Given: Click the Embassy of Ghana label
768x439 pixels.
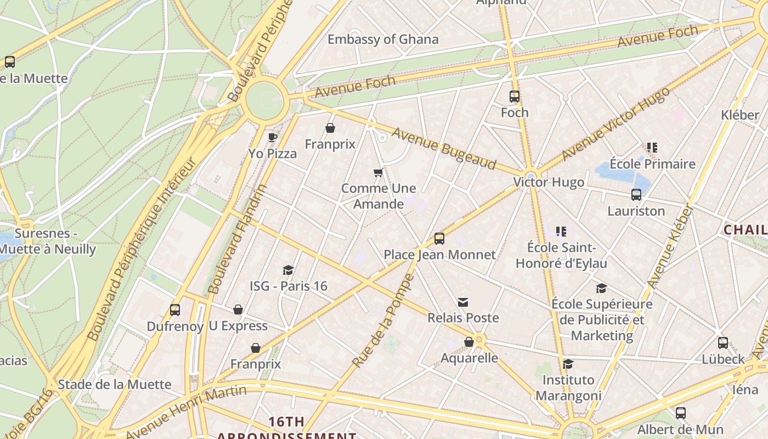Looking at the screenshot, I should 383,39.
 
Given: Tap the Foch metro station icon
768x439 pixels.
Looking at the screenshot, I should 514,97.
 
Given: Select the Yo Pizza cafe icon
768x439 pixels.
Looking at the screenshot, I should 272,137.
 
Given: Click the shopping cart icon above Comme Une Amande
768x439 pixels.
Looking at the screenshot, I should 378,173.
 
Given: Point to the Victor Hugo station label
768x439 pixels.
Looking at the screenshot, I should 548,182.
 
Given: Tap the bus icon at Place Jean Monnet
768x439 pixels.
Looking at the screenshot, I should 439,238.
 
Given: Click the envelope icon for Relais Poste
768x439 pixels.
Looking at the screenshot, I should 463,302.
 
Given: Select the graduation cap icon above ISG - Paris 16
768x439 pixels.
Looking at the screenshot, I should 288,270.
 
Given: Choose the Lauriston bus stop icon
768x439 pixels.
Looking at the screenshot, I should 636,194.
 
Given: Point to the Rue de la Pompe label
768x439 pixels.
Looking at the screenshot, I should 383,320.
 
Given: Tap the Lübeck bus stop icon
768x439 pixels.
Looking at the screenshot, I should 723,343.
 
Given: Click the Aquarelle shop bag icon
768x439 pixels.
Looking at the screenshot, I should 468,342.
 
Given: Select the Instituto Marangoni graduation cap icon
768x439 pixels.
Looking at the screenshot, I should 568,364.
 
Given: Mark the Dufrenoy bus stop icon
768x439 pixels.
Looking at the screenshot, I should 175,310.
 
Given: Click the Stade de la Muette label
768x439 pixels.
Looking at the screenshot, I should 114,384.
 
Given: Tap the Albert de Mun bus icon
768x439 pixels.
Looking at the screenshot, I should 680,413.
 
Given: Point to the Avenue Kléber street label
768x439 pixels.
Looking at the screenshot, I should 670,247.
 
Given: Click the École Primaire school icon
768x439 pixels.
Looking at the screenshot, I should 652,147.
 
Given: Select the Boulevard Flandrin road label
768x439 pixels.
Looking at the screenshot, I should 238,239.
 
